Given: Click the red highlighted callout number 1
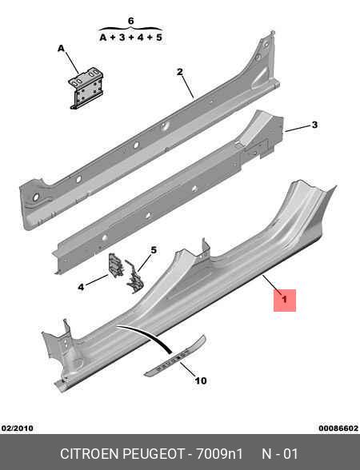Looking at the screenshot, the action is click(x=285, y=299).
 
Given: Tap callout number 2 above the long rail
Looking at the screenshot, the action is click(x=180, y=72).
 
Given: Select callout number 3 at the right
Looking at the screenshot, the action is click(x=314, y=125).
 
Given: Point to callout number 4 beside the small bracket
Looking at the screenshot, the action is click(x=81, y=287).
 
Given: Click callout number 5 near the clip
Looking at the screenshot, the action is click(x=154, y=249).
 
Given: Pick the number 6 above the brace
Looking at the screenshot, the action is click(x=131, y=21).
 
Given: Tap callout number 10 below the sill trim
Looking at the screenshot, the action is click(x=201, y=380).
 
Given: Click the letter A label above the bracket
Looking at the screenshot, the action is click(x=61, y=48).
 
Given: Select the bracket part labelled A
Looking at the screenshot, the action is click(x=87, y=88).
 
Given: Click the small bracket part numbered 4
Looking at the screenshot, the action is click(x=116, y=265).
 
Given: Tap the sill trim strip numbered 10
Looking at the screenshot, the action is click(x=175, y=356).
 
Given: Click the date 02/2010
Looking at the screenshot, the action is click(x=18, y=428).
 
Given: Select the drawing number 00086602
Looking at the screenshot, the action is click(x=338, y=428).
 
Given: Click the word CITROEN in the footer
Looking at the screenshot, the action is click(x=90, y=454).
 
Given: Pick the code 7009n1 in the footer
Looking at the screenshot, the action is click(x=219, y=454).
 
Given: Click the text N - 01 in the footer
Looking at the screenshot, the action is click(x=280, y=454).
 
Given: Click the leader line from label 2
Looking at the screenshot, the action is click(x=187, y=87).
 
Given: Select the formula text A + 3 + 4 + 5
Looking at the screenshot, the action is click(x=130, y=38).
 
